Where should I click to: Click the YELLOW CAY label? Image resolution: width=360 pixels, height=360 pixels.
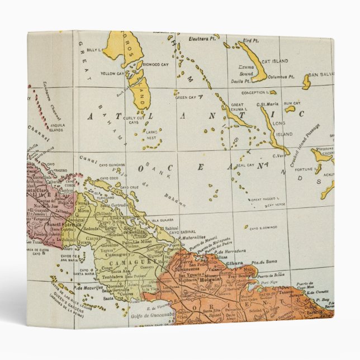pos(112,73)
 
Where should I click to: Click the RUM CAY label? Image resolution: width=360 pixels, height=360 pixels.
pos(292,103)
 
